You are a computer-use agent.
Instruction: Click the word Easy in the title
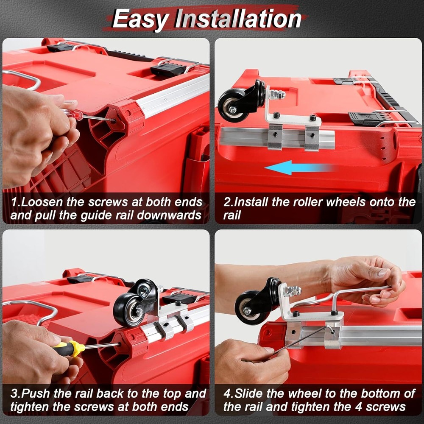click(141, 19)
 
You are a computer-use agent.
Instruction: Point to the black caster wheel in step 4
click(250, 307)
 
